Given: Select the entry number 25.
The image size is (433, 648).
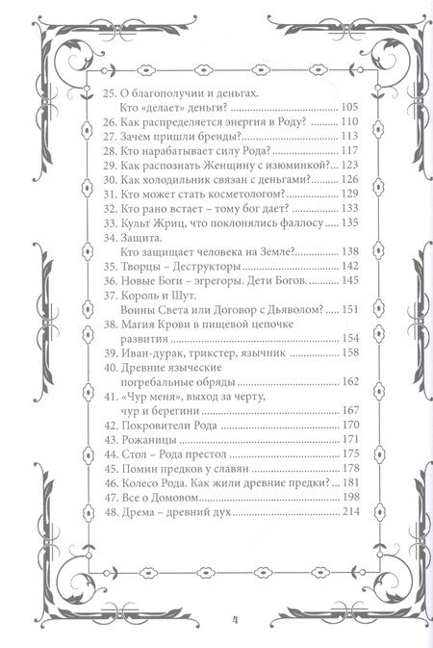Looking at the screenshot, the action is click(x=106, y=91).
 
